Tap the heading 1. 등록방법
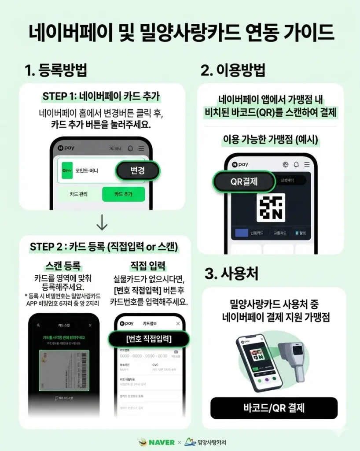coord(56,70)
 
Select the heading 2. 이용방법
coord(233,70)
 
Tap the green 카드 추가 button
coord(123,194)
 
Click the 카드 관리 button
coord(79,194)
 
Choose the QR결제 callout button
coord(244,181)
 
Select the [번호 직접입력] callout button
coord(149,339)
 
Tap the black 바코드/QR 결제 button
coord(274,408)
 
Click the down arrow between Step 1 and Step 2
coord(102,223)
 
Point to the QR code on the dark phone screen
coord(271,207)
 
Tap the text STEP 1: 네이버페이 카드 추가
coord(102,96)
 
